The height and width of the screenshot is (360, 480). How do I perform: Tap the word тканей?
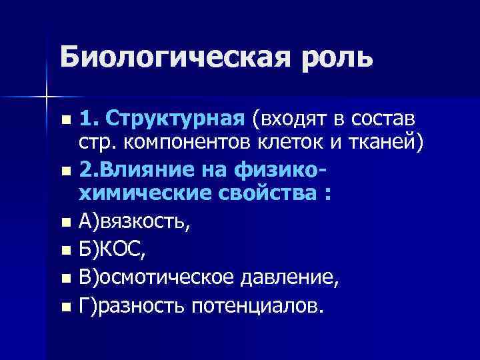pos(387,143)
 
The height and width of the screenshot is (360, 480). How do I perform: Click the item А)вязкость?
pos(134,222)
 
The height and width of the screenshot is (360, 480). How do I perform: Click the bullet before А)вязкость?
pos(64,223)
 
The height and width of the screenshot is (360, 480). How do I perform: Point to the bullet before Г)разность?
pos(64,307)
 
